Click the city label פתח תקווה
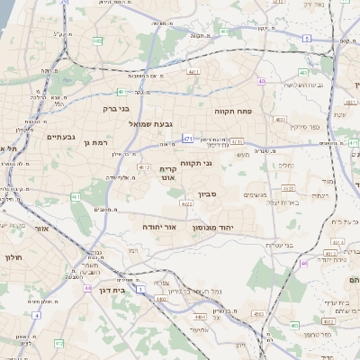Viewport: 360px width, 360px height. point(231,111)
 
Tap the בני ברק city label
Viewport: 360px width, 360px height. point(118,108)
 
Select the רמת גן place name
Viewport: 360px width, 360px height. point(94,142)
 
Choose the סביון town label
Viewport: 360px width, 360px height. point(209,193)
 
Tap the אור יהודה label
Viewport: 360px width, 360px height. point(158,228)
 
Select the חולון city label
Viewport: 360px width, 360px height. point(12,258)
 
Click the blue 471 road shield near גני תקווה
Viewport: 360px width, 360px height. point(187,139)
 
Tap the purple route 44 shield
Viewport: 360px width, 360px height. point(87,288)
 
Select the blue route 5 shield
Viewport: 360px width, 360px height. point(306,38)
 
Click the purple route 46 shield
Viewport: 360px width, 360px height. point(304,264)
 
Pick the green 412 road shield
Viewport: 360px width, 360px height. point(59,343)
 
